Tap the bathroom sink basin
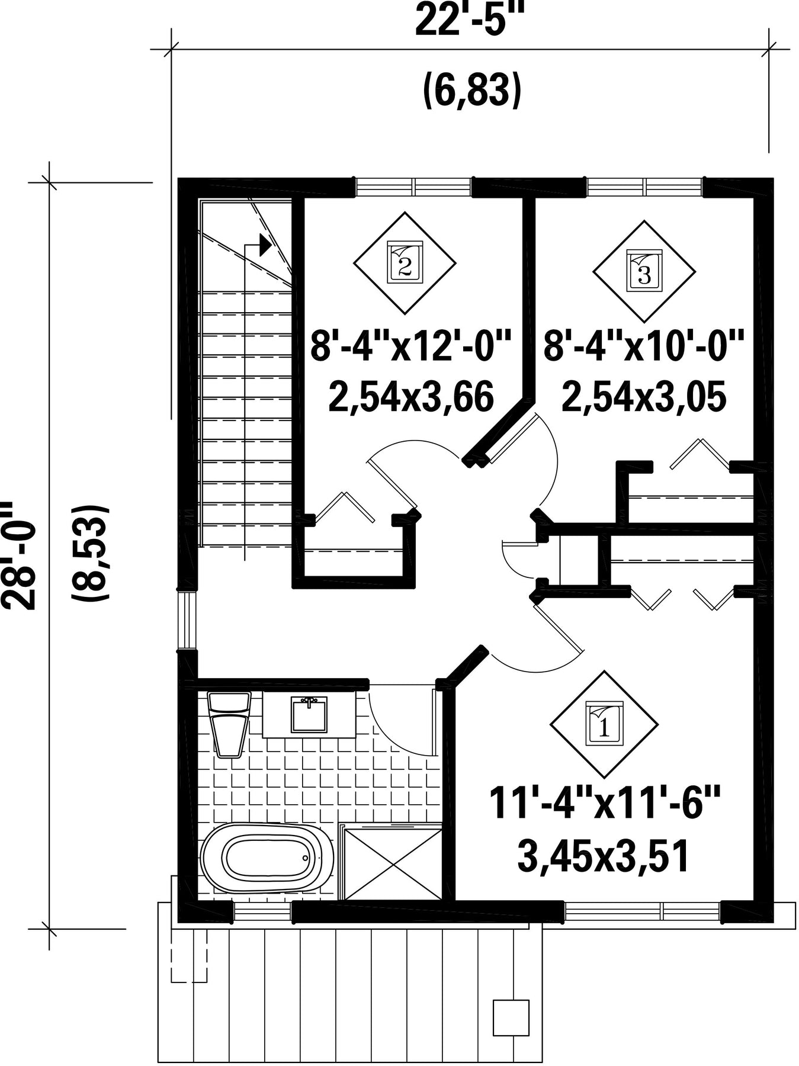pos(309,714)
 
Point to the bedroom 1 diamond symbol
pos(604,724)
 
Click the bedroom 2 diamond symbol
pos(405,263)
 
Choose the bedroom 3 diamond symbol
pos(644,272)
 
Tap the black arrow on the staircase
pos(265,244)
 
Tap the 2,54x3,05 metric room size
pos(643,397)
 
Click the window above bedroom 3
pos(645,187)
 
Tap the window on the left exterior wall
pos(188,620)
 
